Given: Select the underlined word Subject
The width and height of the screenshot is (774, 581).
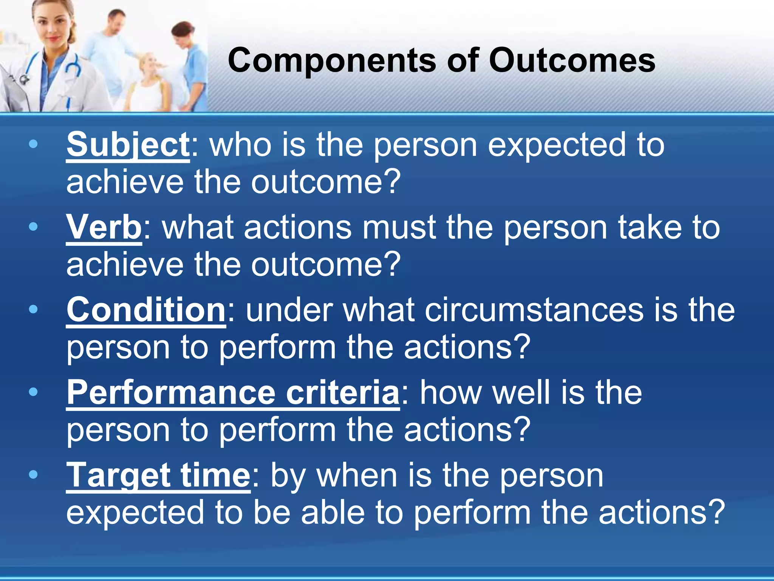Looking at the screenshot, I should coord(128,145).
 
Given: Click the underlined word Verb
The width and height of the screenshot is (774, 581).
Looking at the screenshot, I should coord(104,228).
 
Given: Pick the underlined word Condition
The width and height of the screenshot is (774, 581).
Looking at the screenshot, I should coord(146,310).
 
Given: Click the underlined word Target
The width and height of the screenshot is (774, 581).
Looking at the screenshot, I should coord(118,475).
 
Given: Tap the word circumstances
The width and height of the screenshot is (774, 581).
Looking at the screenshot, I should coord(534,310).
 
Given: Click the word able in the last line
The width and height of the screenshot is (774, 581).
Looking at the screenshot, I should coord(333,513).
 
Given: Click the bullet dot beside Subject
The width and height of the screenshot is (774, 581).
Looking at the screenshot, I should coord(33,144).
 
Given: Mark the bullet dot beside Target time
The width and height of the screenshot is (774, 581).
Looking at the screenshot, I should coord(33,474).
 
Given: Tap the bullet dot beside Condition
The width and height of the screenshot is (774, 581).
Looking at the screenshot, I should coord(33,309).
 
